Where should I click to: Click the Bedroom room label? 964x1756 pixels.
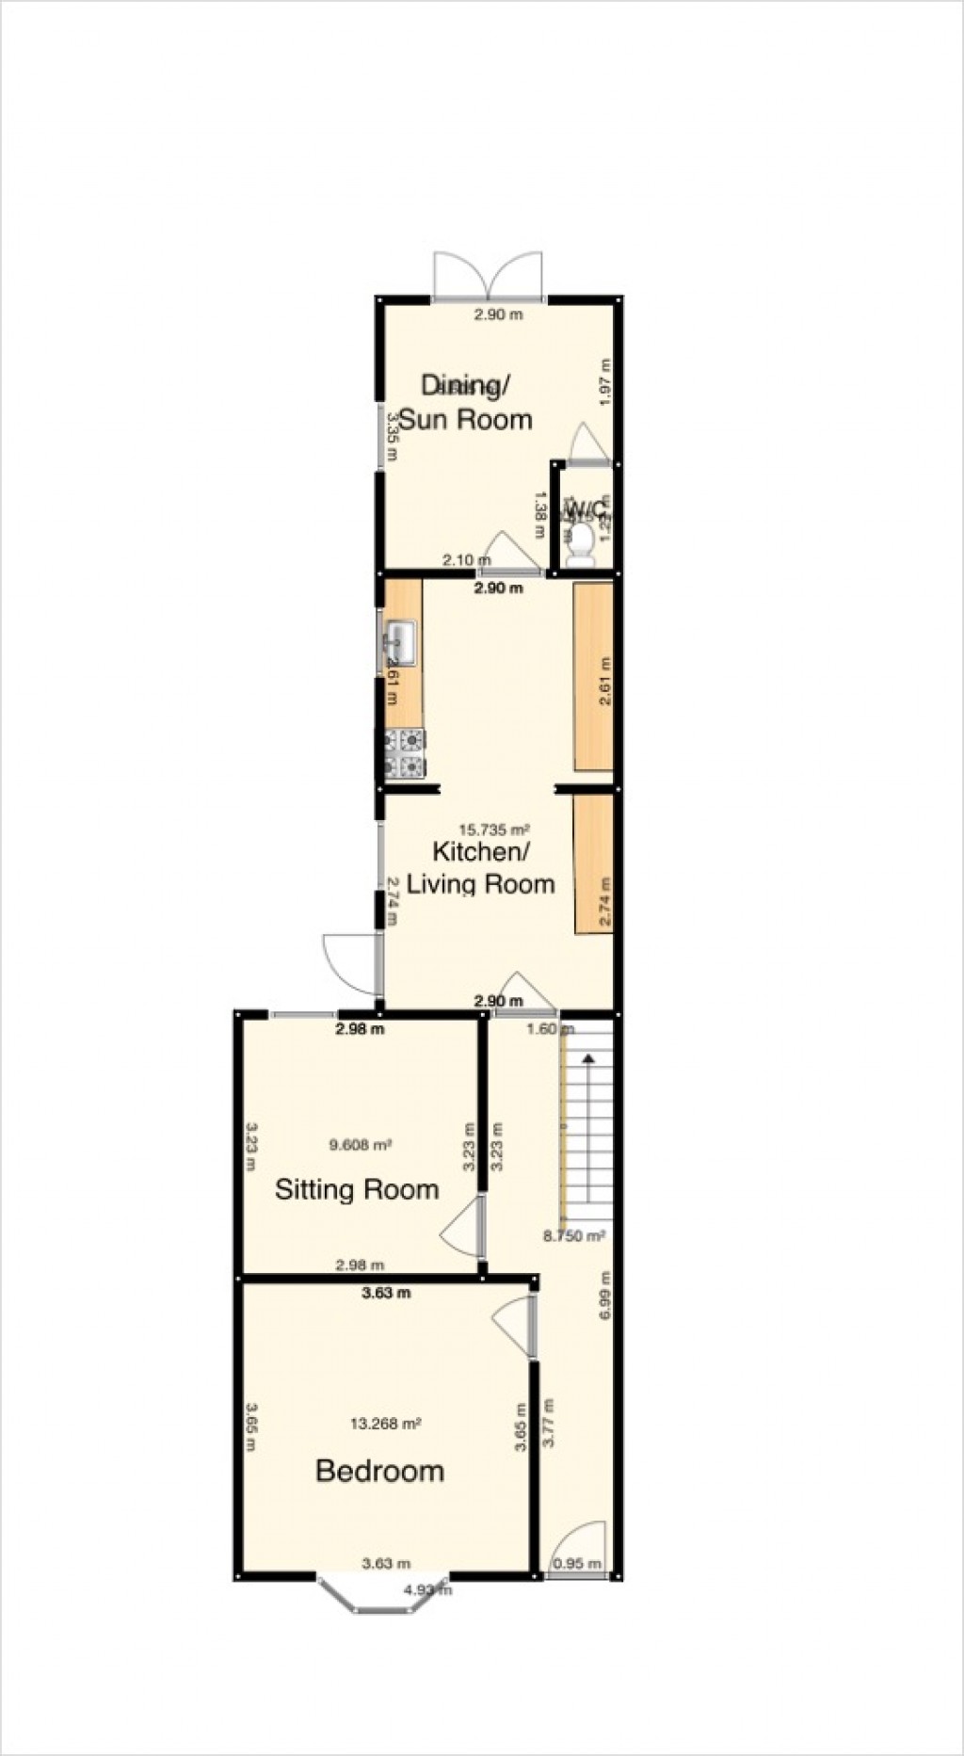tap(379, 1470)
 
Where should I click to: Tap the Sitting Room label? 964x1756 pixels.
tap(357, 1189)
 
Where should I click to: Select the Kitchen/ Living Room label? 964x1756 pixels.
tap(480, 867)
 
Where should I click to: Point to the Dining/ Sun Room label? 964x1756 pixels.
tap(465, 402)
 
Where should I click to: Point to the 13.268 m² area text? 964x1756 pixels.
tap(385, 1425)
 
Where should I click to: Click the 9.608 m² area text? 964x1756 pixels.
tap(361, 1145)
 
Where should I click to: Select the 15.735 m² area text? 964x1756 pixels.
tap(494, 830)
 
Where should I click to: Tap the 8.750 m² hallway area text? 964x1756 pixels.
tap(574, 1235)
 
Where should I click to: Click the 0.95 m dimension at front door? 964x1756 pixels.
tap(577, 1564)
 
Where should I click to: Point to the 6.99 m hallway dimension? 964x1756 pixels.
tap(605, 1296)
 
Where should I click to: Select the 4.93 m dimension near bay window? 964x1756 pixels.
tap(428, 1590)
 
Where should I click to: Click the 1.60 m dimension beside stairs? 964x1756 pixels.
tap(544, 1029)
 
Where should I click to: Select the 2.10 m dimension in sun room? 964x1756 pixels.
tap(461, 560)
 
